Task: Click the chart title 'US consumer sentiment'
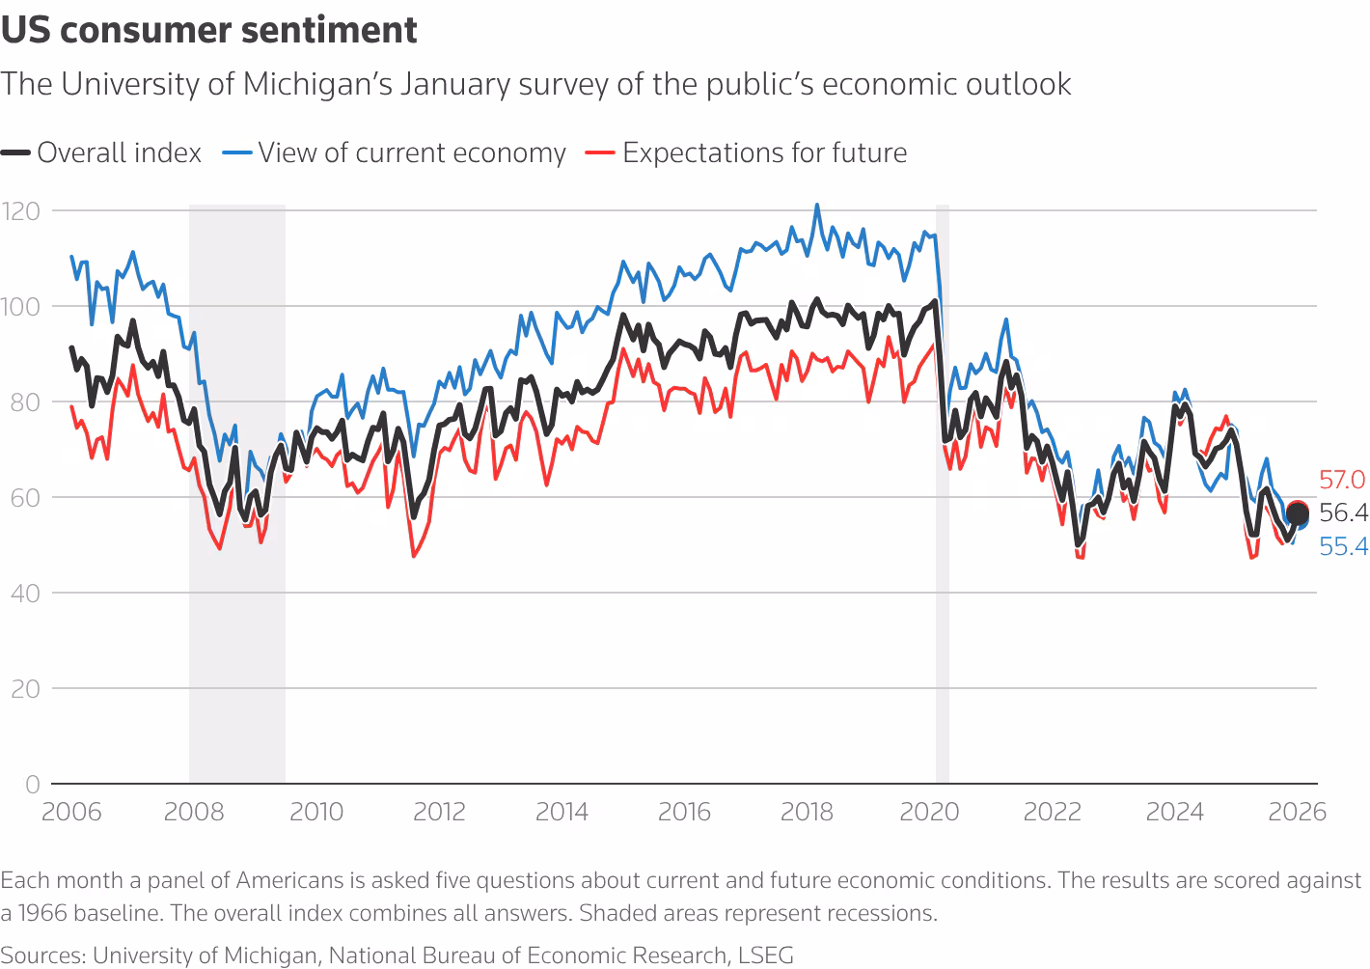click(209, 31)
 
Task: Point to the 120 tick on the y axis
click(20, 210)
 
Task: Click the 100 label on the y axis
click(20, 306)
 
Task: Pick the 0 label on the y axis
click(33, 784)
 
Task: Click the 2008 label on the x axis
click(194, 812)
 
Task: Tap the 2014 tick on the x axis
click(562, 812)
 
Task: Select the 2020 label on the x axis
click(929, 812)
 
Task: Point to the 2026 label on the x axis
click(1298, 812)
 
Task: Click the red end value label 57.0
click(1342, 480)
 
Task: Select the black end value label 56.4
click(1343, 512)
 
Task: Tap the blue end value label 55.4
click(1343, 547)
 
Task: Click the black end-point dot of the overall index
click(1298, 514)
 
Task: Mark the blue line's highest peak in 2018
click(817, 205)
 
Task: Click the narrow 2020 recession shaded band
click(943, 483)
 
